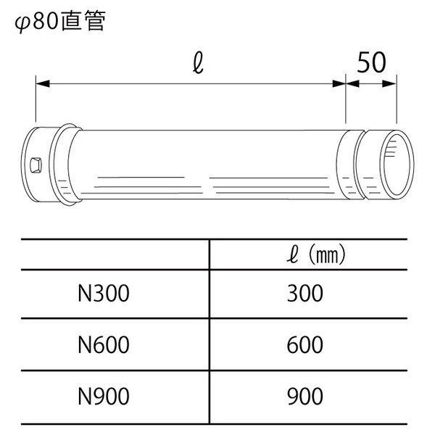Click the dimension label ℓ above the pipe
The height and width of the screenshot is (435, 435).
pyautogui.click(x=197, y=65)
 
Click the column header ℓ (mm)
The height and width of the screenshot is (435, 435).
pyautogui.click(x=312, y=254)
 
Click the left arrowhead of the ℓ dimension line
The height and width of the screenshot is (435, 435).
pyautogui.click(x=41, y=85)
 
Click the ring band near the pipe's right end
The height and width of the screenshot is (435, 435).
pyautogui.click(x=352, y=166)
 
